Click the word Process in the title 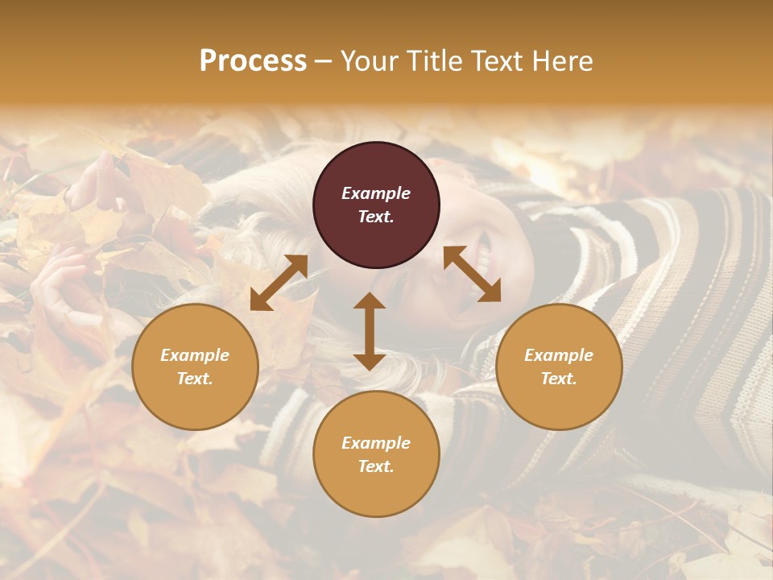253,61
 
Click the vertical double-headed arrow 370,331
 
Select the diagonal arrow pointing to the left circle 279,283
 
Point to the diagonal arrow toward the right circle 472,274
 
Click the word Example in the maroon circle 376,193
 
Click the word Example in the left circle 195,355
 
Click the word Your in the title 368,61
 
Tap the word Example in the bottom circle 376,443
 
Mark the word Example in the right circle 559,355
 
